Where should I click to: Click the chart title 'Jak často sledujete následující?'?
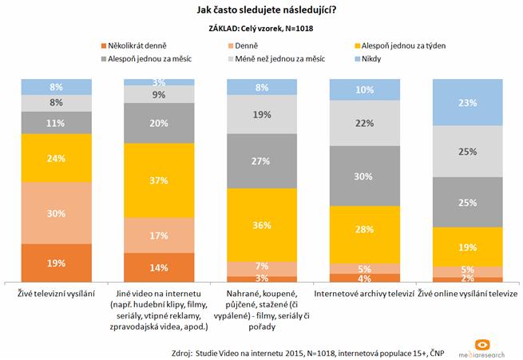(262, 10)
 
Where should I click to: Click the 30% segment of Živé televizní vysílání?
(57, 212)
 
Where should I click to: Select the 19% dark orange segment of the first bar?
(57, 263)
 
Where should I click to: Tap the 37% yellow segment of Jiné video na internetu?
(160, 180)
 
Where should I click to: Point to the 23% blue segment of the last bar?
(468, 102)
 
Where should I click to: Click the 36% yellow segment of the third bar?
(262, 224)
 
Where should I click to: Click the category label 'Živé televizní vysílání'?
(57, 295)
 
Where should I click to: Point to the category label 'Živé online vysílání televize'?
(468, 295)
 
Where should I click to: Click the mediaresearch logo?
(479, 346)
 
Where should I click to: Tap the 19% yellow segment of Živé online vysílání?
(468, 247)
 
